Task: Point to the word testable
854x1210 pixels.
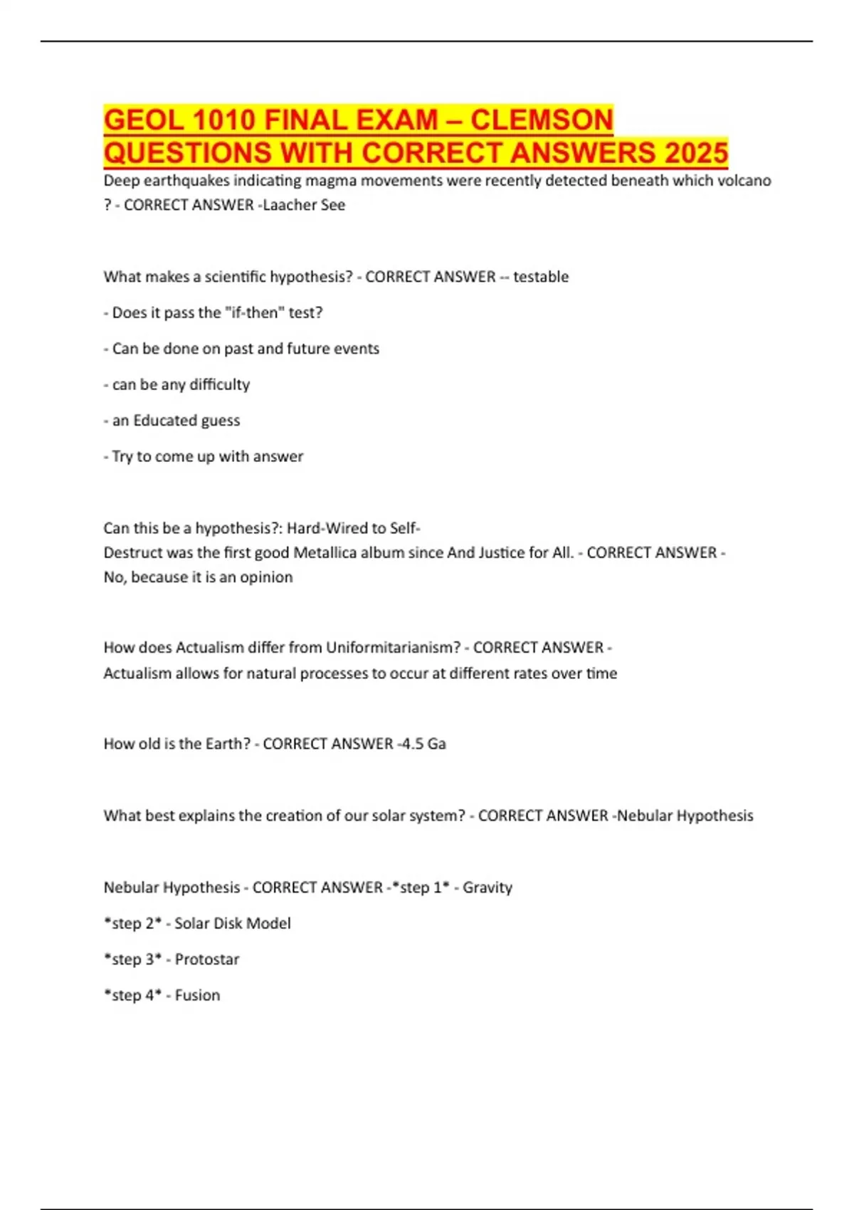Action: pyautogui.click(x=541, y=277)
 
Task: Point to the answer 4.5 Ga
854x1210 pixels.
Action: pyautogui.click(x=423, y=744)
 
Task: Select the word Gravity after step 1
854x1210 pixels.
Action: pyautogui.click(x=487, y=888)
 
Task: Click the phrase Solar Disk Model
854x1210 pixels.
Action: pyautogui.click(x=233, y=923)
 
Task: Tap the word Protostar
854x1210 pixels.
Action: pyautogui.click(x=207, y=959)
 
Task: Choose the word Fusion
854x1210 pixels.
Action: pyautogui.click(x=197, y=995)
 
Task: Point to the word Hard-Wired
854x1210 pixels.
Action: pyautogui.click(x=326, y=528)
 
